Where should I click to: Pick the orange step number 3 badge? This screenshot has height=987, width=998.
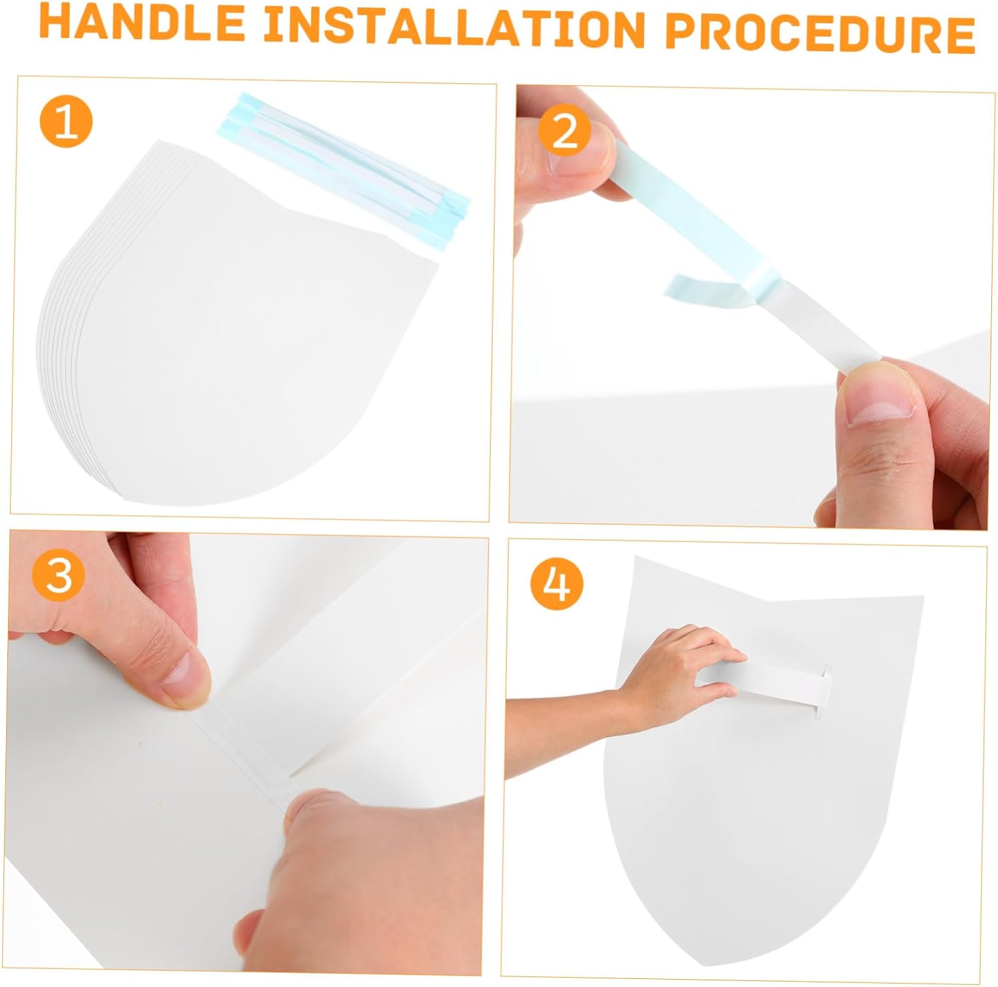(59, 575)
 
